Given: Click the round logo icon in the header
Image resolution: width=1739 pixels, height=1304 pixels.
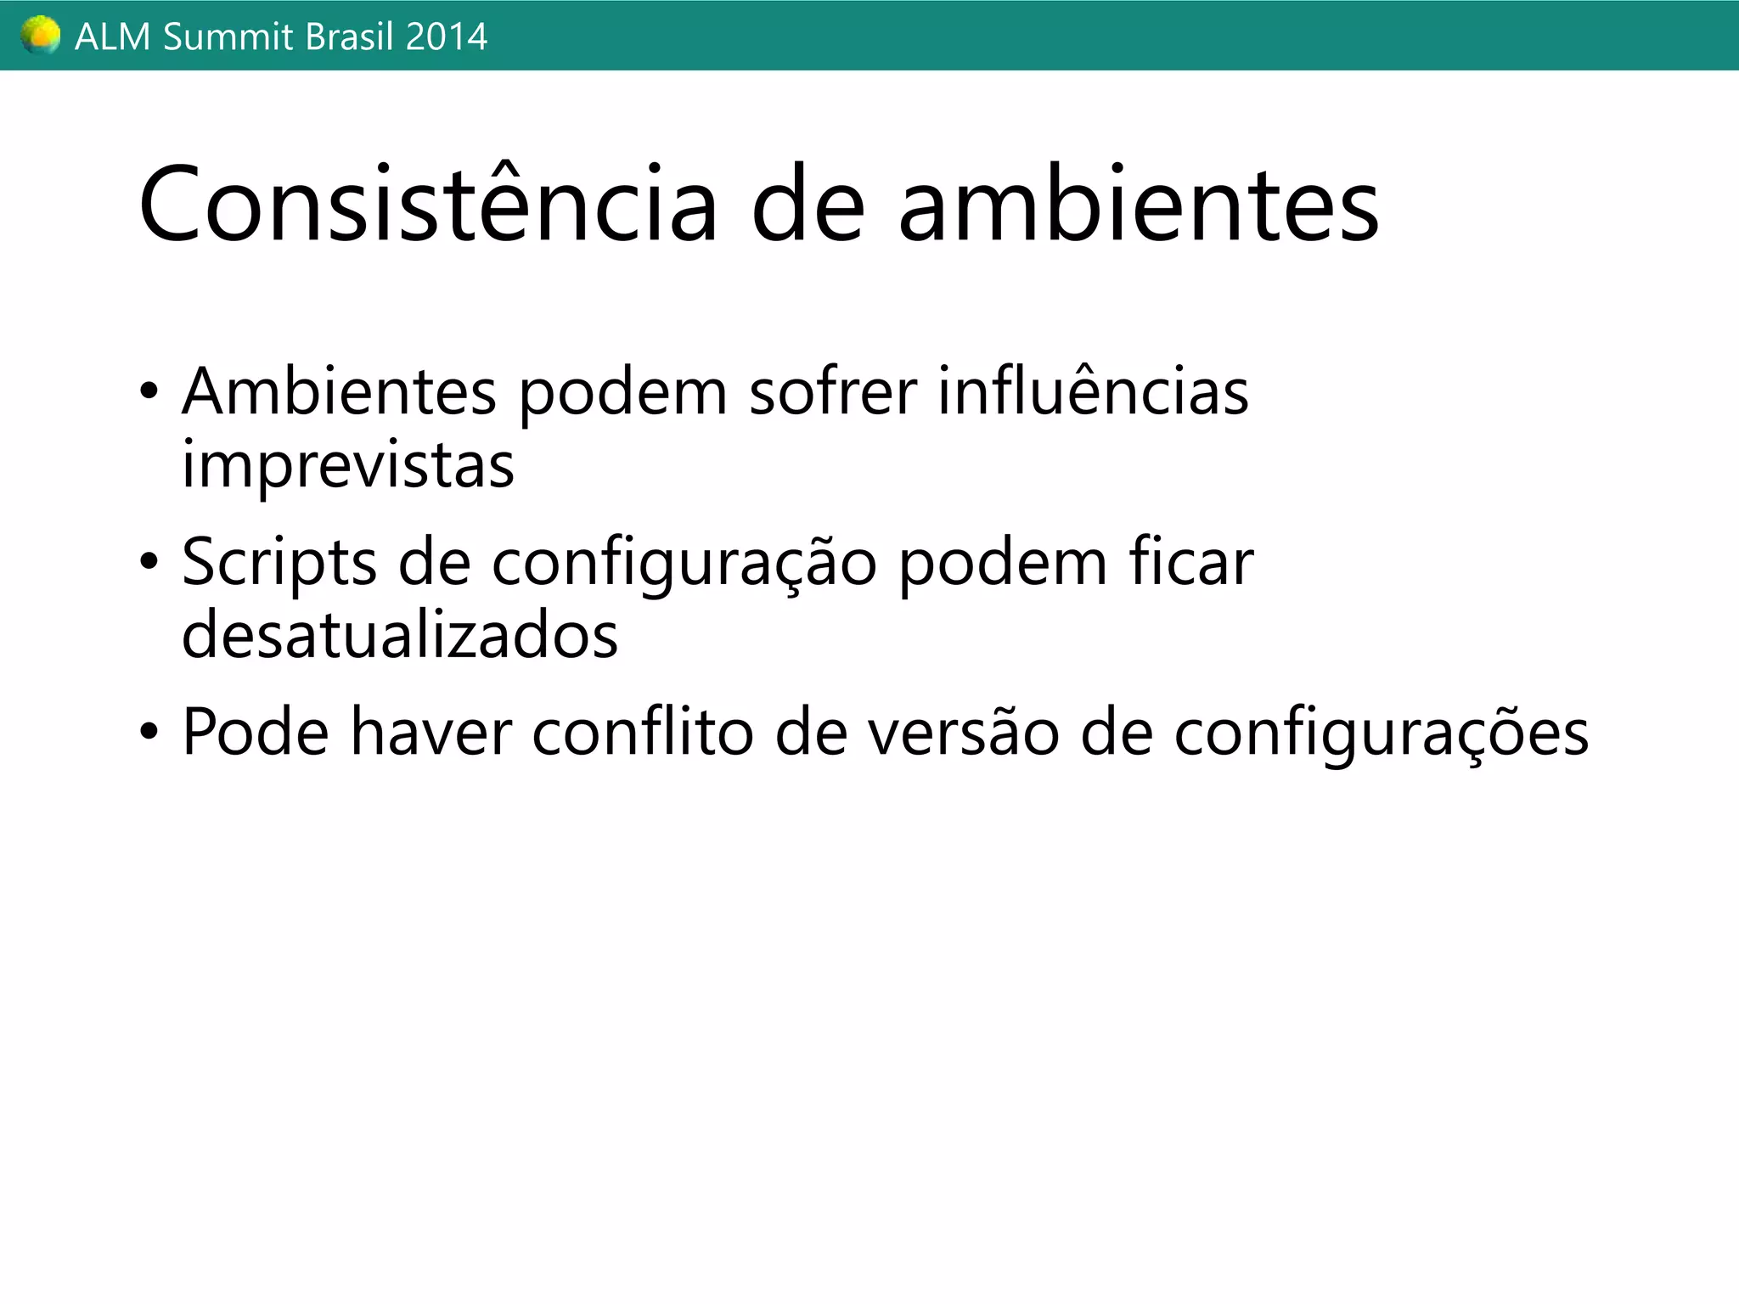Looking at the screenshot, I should pyautogui.click(x=40, y=36).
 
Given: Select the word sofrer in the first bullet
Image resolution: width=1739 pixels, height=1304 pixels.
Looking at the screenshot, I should pyautogui.click(x=832, y=392).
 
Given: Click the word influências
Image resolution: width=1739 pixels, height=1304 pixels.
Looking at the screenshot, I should pyautogui.click(x=1093, y=392).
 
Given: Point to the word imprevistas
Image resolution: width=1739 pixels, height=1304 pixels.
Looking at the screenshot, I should pyautogui.click(x=348, y=465).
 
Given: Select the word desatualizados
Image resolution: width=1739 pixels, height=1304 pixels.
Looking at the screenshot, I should pyautogui.click(x=400, y=635).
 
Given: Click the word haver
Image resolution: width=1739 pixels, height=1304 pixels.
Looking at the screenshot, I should pyautogui.click(x=431, y=732).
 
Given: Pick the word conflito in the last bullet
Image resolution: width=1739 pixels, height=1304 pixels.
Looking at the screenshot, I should pyautogui.click(x=642, y=732).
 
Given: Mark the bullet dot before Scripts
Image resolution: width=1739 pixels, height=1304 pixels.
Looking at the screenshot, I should pyautogui.click(x=149, y=562).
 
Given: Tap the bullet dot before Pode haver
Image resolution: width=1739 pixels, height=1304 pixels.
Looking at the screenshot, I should pyautogui.click(x=149, y=732).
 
